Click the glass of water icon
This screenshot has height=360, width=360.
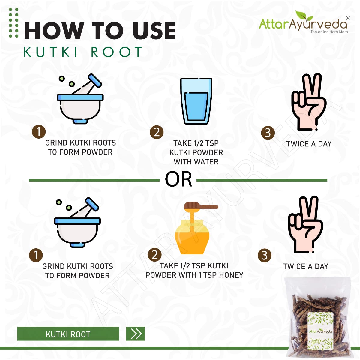pos(196,101)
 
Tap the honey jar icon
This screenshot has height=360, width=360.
pos(192,237)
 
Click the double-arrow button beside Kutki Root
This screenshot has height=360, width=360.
pos(135,334)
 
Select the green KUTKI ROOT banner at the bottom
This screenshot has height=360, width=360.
pos(68,334)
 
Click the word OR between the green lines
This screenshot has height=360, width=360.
pos(178,179)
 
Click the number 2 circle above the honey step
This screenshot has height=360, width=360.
pos(155,255)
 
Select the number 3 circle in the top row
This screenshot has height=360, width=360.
pos(268,133)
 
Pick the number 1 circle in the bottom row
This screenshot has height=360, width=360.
pos(36,255)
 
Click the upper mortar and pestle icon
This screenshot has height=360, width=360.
pos(80,99)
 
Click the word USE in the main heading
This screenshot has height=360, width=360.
pos(154,31)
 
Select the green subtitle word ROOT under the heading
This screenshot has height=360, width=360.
pos(116,52)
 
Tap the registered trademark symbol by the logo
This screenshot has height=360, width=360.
pos(348,18)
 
